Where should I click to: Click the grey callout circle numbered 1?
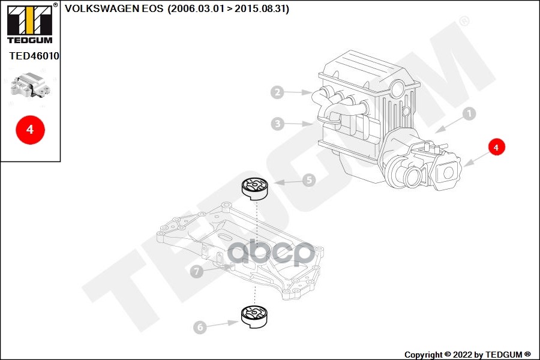pos(469,113)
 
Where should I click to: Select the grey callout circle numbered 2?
pos(277,92)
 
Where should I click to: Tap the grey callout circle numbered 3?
pos(277,124)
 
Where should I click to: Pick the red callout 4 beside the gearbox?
pos(496,146)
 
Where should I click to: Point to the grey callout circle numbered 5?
pos(308,179)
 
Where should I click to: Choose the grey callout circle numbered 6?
pos(200,327)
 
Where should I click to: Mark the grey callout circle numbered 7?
pos(196,272)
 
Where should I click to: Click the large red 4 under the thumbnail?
pos(30,129)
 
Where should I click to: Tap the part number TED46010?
pos(34,56)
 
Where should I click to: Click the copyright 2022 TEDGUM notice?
pos(467,355)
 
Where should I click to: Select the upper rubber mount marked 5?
pos(255,188)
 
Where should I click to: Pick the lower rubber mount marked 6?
pos(255,316)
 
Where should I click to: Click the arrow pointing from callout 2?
pos(298,93)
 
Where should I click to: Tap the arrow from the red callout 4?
pos(475,158)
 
